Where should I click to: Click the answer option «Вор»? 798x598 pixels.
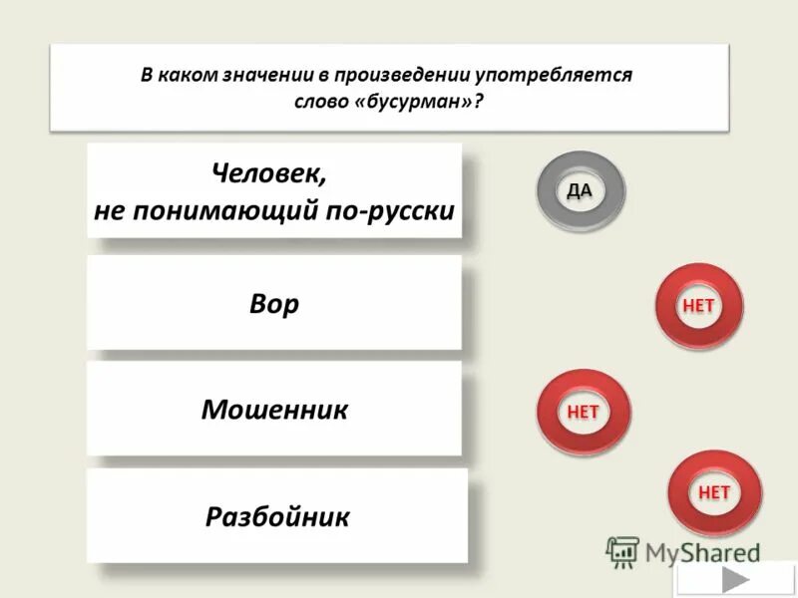pyautogui.click(x=274, y=303)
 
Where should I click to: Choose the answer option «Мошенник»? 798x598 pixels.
pyautogui.click(x=274, y=409)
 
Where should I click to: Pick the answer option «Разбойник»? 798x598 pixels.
pyautogui.click(x=277, y=516)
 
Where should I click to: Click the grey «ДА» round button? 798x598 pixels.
pyautogui.click(x=581, y=191)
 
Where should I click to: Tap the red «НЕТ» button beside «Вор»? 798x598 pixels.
pyautogui.click(x=698, y=307)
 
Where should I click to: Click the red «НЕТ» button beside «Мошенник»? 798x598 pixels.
pyautogui.click(x=583, y=411)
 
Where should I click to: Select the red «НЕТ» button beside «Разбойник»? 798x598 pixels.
pyautogui.click(x=714, y=492)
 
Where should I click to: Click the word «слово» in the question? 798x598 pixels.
pyautogui.click(x=320, y=103)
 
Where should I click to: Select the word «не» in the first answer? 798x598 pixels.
pyautogui.click(x=109, y=210)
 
